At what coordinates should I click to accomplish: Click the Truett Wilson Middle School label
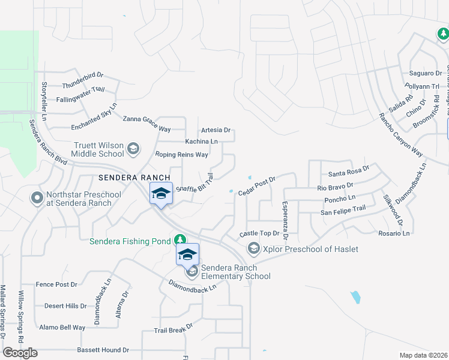[x=99, y=149]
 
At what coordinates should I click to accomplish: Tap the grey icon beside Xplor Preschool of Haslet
[x=253, y=248]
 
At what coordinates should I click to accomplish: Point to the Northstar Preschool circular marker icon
[x=37, y=197]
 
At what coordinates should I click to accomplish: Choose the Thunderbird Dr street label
[x=83, y=76]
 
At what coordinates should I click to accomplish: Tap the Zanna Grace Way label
[x=147, y=123]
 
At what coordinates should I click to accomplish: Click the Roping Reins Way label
[x=181, y=155]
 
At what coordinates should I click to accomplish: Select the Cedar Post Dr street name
[x=256, y=185]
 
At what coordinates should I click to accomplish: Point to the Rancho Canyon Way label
[x=400, y=135]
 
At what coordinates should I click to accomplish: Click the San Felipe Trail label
[x=343, y=209]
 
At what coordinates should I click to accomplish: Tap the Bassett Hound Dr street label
[x=103, y=350]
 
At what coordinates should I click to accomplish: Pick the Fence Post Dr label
[x=57, y=284]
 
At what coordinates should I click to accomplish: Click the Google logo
[x=20, y=353]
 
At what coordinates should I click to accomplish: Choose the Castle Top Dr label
[x=260, y=233]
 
